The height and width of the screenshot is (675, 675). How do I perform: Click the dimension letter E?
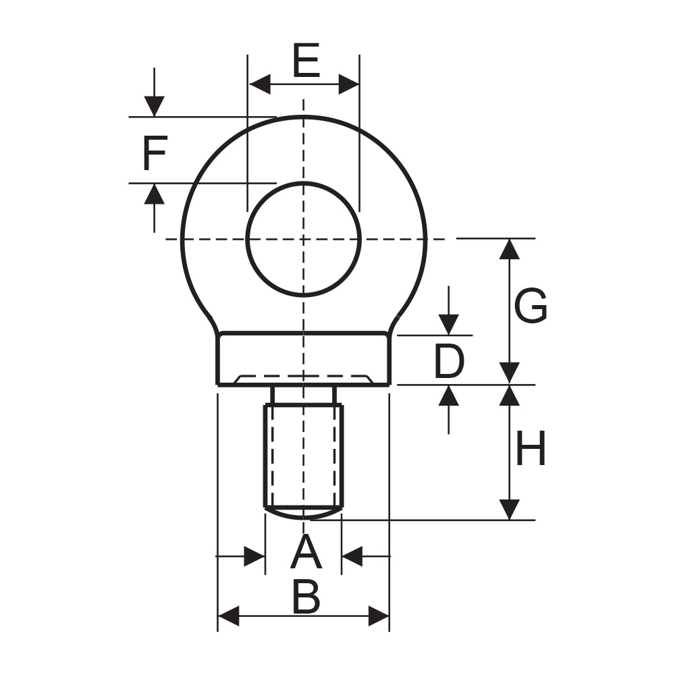click(306, 60)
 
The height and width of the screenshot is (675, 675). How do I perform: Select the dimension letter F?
click(155, 153)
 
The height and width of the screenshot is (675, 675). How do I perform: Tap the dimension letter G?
click(531, 306)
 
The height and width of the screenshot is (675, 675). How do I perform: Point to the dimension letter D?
click(449, 360)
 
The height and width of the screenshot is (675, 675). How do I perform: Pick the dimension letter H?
click(531, 448)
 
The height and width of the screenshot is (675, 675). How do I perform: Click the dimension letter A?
click(306, 551)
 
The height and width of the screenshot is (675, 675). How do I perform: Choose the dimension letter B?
click(306, 597)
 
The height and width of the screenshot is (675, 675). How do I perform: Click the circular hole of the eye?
click(304, 239)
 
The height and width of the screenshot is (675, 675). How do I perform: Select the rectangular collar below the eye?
click(304, 358)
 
